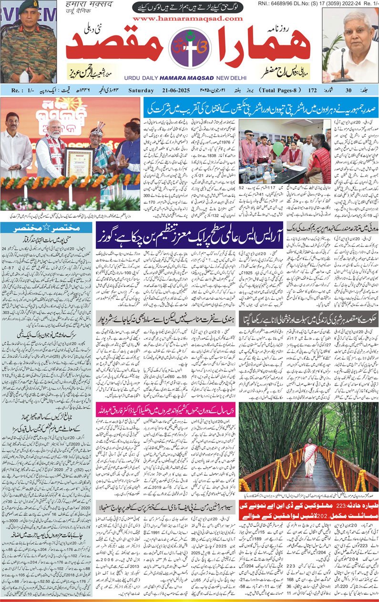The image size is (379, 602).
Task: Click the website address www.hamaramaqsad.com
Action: click(188, 19)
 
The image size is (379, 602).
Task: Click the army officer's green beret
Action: click(29, 7)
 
